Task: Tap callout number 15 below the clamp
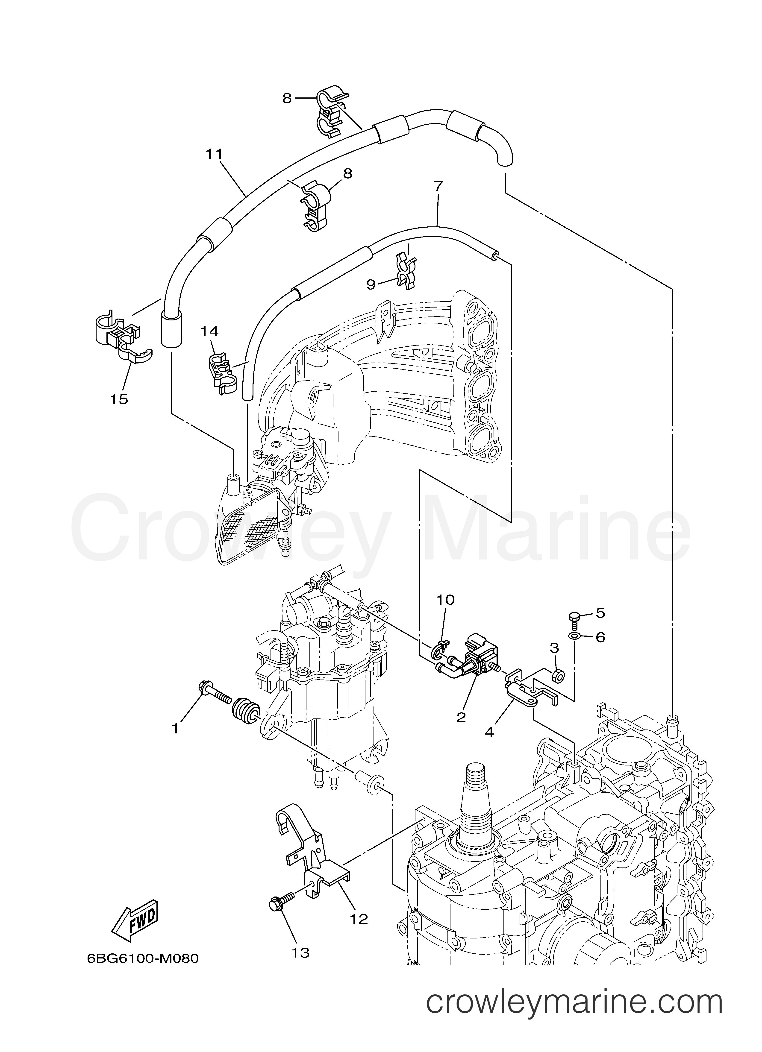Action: (x=119, y=399)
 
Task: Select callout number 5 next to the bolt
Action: (x=600, y=613)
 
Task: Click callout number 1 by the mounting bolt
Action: (x=175, y=729)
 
